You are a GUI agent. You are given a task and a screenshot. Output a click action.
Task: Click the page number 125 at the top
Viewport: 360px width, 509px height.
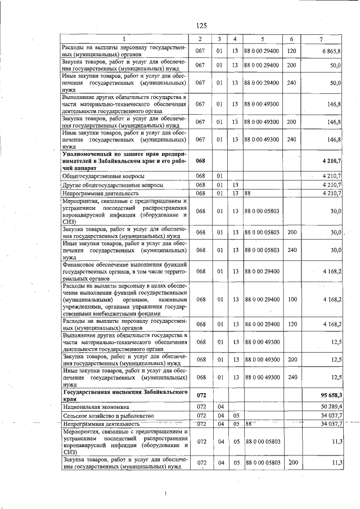(x=202, y=25)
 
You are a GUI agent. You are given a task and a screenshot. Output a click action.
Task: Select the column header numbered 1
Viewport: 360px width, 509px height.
(x=125, y=38)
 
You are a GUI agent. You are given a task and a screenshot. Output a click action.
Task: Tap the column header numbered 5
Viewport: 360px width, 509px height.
(x=262, y=38)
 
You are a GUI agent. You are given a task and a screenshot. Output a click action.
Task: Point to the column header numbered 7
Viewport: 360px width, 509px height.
(x=320, y=38)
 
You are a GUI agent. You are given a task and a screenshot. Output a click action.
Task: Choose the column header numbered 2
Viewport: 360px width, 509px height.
(x=200, y=38)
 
